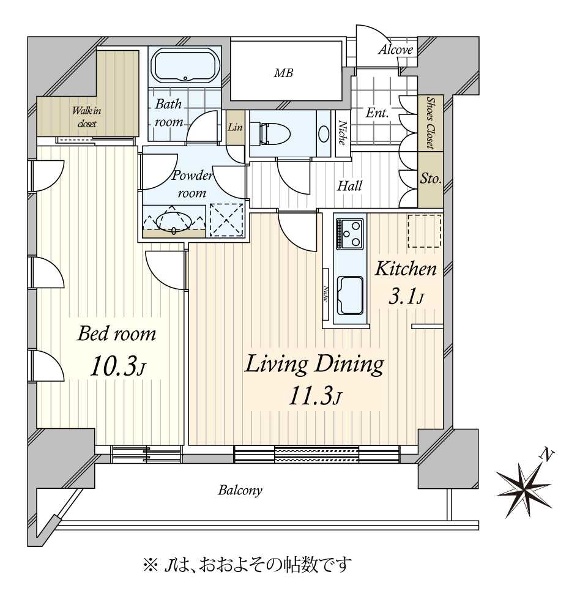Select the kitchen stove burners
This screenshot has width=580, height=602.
coord(349,233)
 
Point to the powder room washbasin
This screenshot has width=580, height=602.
coord(174,222)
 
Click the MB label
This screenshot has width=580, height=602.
coord(283,73)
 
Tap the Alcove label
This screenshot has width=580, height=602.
coord(396,50)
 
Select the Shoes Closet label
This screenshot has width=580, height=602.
coord(431,122)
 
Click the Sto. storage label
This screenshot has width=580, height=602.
coord(431,179)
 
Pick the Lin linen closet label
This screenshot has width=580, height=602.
coord(236,127)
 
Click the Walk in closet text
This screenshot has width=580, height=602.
coord(87,117)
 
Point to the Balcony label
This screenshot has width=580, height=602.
coord(240,490)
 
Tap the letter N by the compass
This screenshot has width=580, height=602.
coord(547,455)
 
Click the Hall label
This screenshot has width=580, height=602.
coord(350,186)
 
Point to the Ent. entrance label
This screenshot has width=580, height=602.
coord(377,113)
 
